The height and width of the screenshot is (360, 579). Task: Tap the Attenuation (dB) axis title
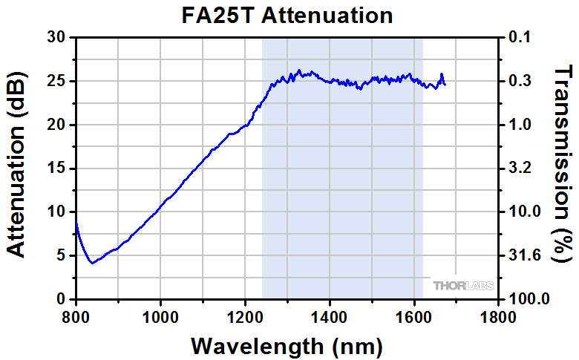[16, 168]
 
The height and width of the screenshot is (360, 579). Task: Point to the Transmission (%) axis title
[563, 163]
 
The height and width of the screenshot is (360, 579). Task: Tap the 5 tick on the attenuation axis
[60, 256]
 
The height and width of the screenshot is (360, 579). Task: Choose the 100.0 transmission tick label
[528, 299]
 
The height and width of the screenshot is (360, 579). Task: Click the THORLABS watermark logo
[463, 285]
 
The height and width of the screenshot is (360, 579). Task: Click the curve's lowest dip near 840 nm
[91, 263]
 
